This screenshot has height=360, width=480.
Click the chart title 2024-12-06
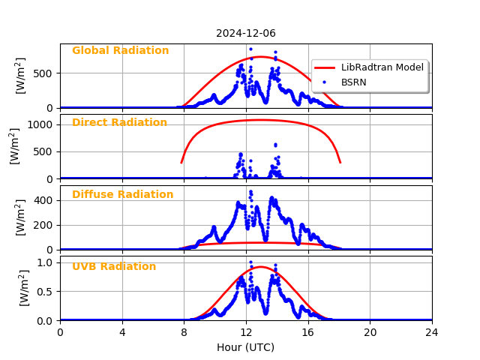246,33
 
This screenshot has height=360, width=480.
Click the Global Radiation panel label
120,51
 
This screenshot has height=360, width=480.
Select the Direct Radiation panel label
119,123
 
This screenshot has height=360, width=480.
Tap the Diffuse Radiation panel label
122,195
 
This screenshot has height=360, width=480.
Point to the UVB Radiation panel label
114,267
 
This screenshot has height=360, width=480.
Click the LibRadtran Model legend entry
382,67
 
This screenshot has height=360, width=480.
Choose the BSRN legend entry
353,82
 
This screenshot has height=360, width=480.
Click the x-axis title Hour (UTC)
246,347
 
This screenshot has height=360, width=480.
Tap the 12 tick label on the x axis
246,332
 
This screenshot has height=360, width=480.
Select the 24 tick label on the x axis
431,332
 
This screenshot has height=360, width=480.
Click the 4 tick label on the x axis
122,332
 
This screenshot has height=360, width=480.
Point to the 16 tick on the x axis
307,332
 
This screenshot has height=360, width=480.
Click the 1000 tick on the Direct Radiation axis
41,125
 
